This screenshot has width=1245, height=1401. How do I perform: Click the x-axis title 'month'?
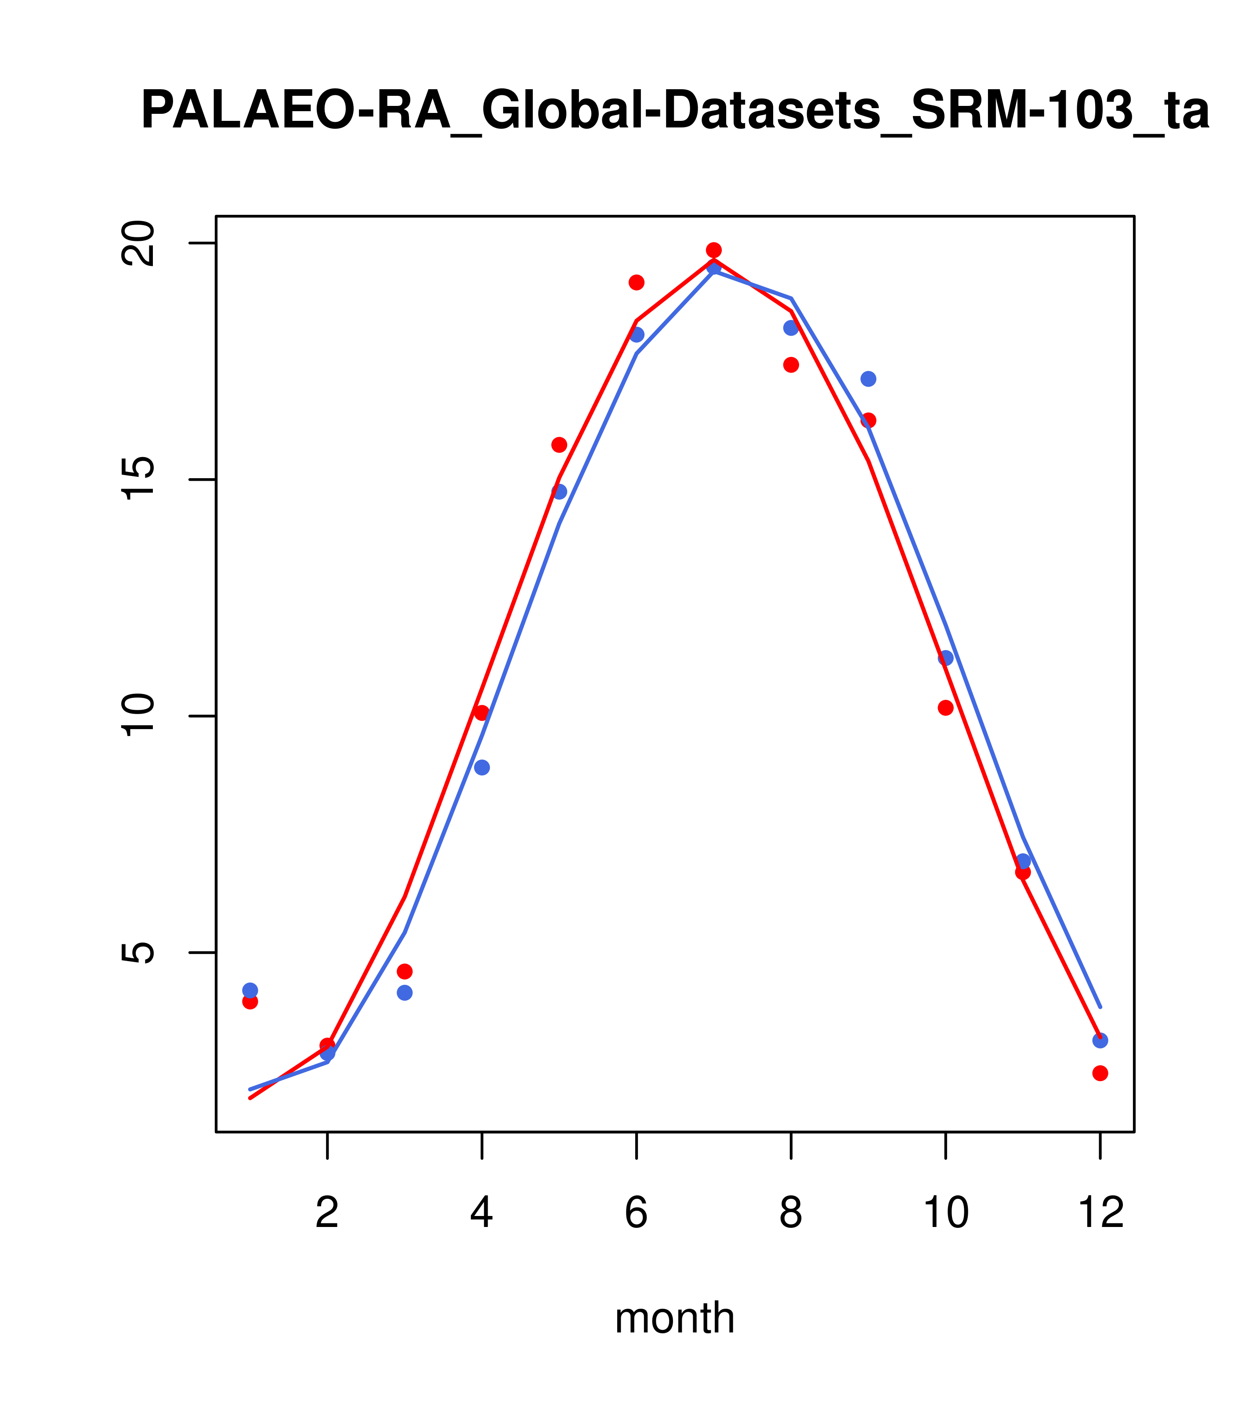[x=674, y=1318]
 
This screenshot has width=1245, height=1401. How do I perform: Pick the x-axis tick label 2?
[x=328, y=1213]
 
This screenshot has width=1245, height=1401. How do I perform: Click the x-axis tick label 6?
[x=637, y=1213]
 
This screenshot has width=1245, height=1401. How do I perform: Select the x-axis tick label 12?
[x=1100, y=1213]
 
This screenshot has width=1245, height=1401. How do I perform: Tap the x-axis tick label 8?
[x=791, y=1213]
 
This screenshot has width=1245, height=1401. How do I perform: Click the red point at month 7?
[x=714, y=250]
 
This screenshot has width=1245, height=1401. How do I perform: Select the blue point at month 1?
[x=250, y=991]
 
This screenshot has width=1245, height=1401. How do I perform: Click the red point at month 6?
[x=637, y=283]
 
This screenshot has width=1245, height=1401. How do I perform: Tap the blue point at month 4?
[x=482, y=768]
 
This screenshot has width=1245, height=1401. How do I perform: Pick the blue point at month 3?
[x=405, y=992]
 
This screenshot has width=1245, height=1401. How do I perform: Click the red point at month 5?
[x=559, y=445]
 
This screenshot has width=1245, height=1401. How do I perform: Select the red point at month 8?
[x=791, y=365]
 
